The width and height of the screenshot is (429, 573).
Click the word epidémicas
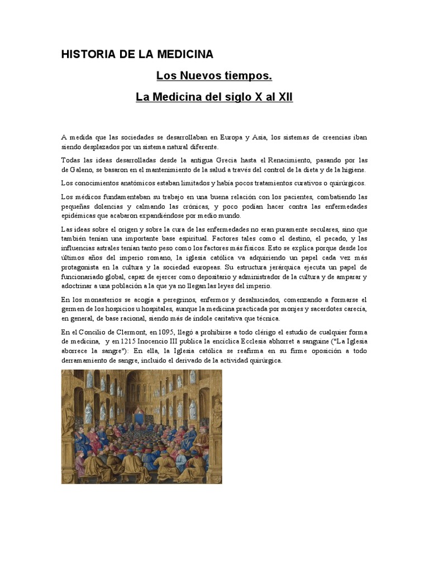(82, 215)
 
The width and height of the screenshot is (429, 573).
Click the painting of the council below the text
(142, 426)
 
